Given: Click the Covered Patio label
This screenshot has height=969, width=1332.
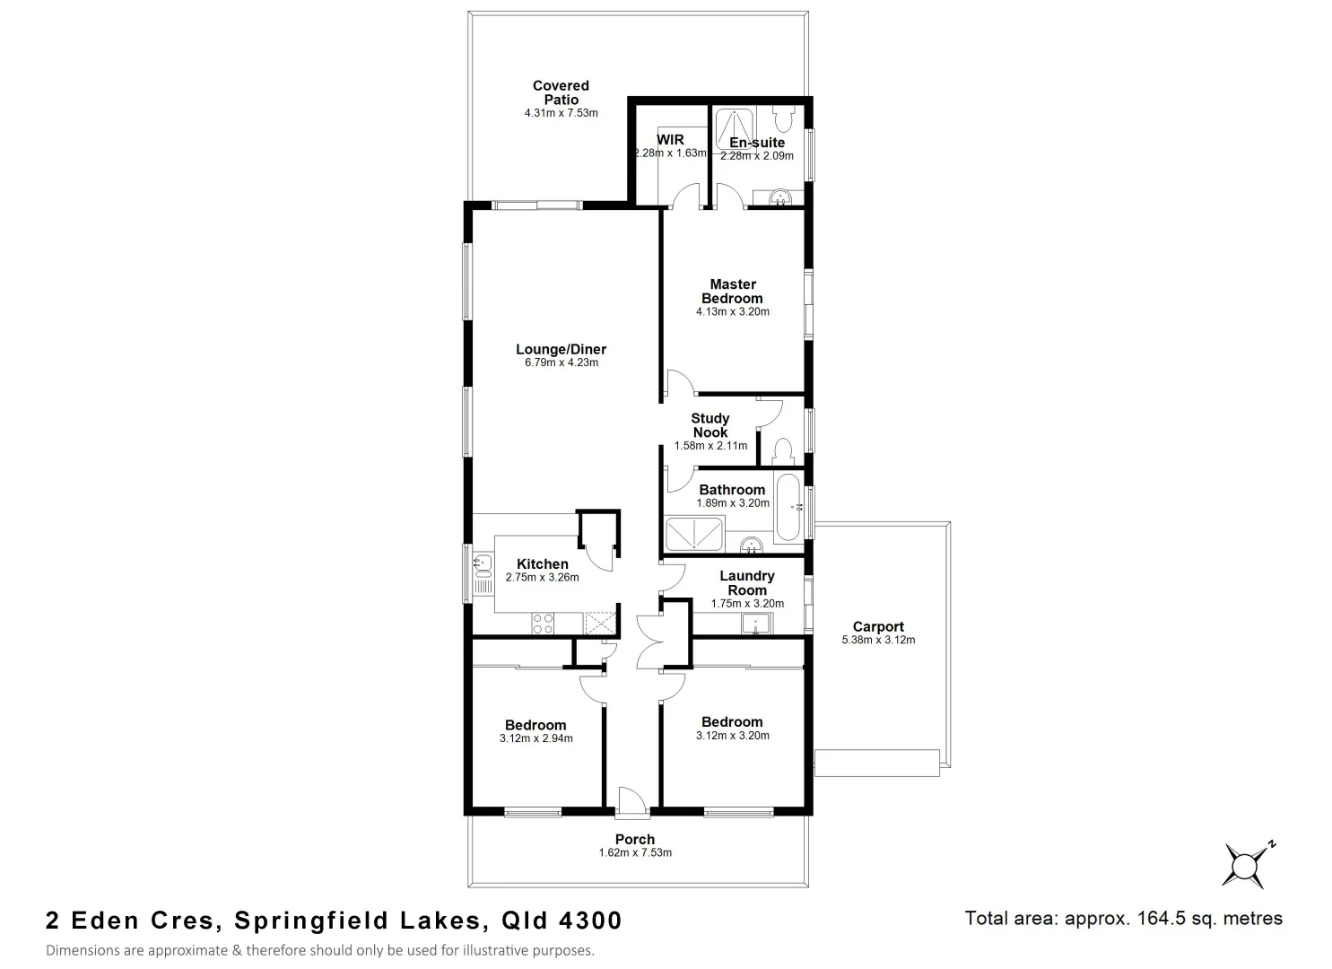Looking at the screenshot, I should (x=561, y=92).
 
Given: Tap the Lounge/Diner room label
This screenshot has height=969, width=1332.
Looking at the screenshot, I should (x=561, y=350).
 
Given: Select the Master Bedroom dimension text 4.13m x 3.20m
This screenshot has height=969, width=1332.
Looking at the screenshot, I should (x=732, y=312).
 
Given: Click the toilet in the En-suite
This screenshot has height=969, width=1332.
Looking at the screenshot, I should (x=782, y=118).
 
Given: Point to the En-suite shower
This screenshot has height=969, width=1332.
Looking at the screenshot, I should (x=734, y=128).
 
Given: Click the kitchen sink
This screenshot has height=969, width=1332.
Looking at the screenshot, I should (x=483, y=564).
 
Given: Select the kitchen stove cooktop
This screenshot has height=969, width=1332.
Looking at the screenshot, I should (x=543, y=623).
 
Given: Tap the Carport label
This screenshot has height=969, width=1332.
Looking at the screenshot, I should (x=878, y=627).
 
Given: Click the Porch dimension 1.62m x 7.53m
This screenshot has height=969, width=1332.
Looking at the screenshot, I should (x=635, y=852).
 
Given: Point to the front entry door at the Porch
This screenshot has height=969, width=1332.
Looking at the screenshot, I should (x=632, y=803).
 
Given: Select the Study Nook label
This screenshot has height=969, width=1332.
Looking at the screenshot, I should (x=710, y=425).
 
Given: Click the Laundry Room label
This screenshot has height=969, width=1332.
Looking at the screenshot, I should (x=747, y=583).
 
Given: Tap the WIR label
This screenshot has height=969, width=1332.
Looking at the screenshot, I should (x=670, y=140).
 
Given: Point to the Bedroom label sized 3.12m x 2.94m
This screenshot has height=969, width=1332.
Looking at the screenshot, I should (x=535, y=725).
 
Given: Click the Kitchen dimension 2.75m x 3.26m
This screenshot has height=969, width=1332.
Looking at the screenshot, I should (x=542, y=578).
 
